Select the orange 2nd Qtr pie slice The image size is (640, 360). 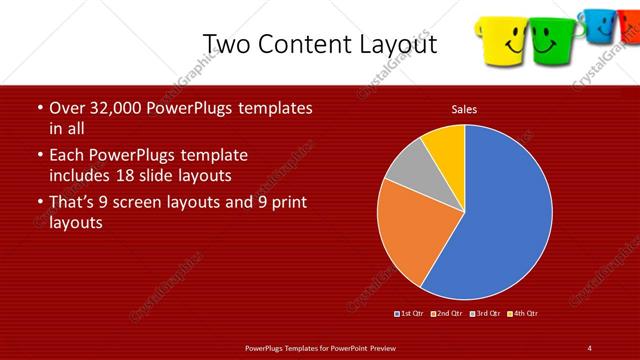tap(415, 235)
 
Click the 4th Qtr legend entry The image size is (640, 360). tap(521, 314)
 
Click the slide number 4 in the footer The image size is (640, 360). tap(590, 347)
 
